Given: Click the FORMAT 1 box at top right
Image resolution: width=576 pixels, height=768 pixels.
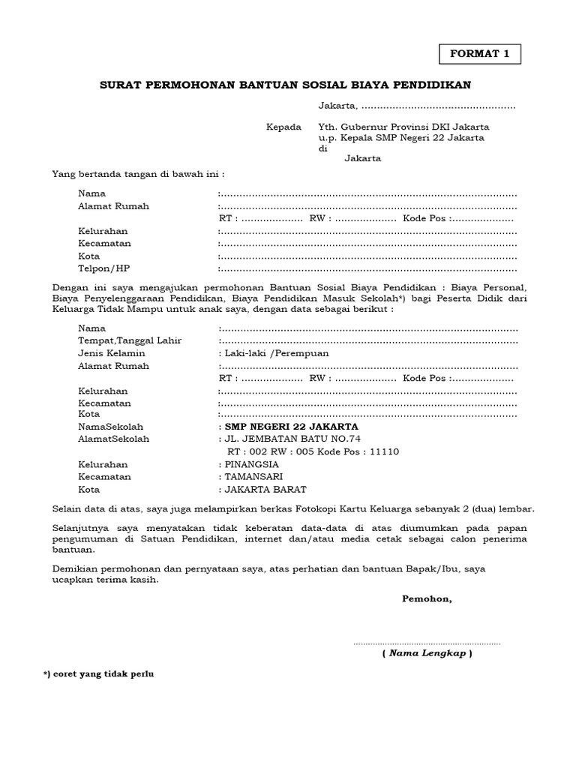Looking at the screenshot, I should click(478, 54).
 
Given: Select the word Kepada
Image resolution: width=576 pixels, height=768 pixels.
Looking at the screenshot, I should click(283, 127).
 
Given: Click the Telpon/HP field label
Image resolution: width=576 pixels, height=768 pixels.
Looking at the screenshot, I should click(99, 268).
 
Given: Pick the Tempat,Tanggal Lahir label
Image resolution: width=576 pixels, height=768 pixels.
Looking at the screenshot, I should click(130, 340).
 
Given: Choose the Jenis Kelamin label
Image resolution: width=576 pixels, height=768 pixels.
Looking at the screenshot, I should click(112, 353).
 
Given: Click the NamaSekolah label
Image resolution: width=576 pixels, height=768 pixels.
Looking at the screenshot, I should click(110, 426).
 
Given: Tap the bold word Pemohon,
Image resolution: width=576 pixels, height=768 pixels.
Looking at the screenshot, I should click(427, 598).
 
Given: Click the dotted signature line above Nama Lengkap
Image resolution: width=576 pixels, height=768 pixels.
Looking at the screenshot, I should click(427, 643).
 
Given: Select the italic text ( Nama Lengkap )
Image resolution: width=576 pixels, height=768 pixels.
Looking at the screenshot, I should click(427, 653).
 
